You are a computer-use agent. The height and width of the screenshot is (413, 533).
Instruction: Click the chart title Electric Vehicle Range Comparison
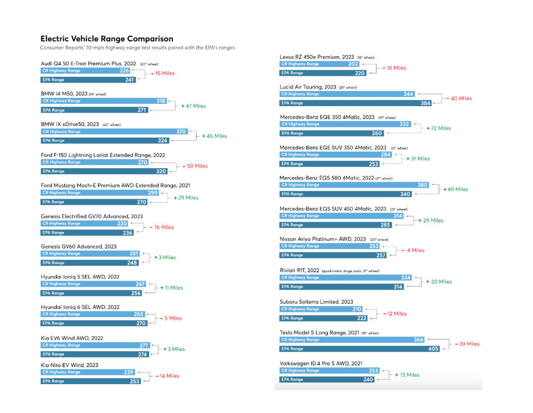[107, 39]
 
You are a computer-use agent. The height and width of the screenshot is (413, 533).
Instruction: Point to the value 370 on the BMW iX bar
[181, 132]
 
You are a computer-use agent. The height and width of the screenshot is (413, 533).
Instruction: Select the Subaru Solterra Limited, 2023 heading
[316, 301]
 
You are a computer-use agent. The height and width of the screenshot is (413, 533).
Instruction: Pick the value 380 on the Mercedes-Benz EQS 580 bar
[422, 185]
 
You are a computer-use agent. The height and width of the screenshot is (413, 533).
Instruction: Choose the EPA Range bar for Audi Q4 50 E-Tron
[89, 79]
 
